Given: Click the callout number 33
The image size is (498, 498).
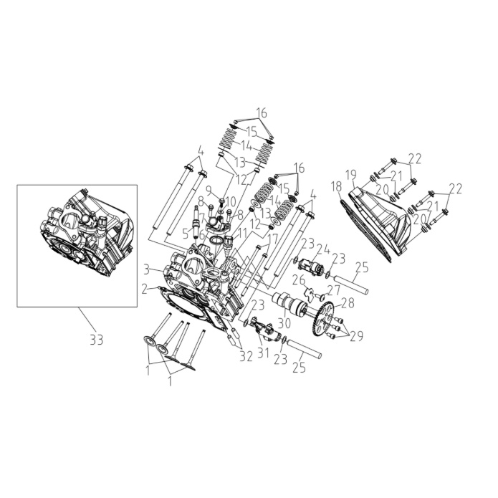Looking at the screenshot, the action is pos(96,340).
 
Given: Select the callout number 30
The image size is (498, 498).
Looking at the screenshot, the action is pos(284,323).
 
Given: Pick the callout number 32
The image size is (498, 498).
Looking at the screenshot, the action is pos(246,357).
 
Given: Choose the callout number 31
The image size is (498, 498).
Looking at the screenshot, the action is pos(263,353).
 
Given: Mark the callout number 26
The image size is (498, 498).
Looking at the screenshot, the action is pos(299,280).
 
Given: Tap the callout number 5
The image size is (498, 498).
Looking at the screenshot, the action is pos(186,234).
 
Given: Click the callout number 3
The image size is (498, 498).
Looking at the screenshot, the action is pos(146,271).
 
